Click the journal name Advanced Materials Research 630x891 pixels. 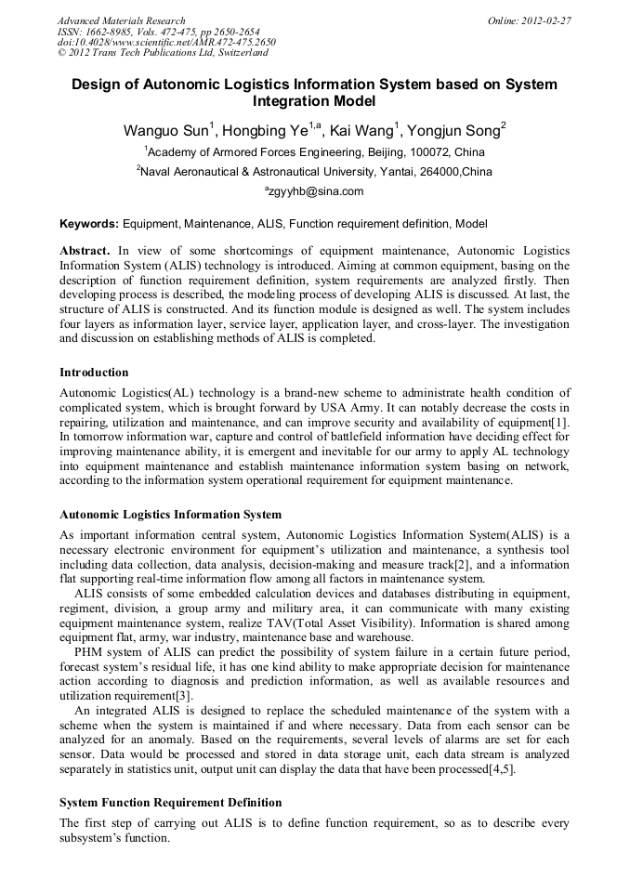[121, 20]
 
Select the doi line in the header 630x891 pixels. [166, 42]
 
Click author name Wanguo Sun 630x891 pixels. [167, 130]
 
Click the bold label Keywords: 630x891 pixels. [89, 224]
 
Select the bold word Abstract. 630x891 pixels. [85, 252]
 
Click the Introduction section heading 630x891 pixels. [94, 373]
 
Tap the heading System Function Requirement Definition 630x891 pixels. [170, 802]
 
